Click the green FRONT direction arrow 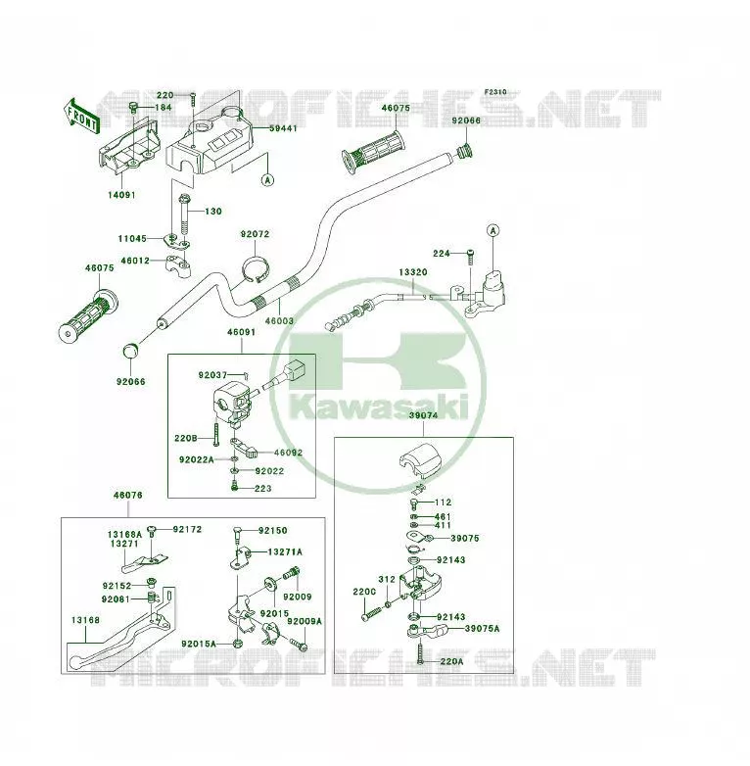[81, 117]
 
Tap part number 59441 [283, 128]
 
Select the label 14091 [121, 195]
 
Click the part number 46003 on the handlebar [279, 321]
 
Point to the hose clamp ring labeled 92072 [256, 269]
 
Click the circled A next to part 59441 [267, 180]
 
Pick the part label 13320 [413, 272]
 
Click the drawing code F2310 [495, 92]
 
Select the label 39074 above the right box [423, 415]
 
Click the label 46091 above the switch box [241, 332]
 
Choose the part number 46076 [128, 495]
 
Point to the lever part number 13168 [85, 620]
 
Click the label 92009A [305, 621]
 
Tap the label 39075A [483, 628]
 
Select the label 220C [364, 592]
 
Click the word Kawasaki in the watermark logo [378, 407]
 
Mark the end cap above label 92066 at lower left [130, 351]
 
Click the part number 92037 [212, 375]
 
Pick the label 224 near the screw [442, 254]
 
